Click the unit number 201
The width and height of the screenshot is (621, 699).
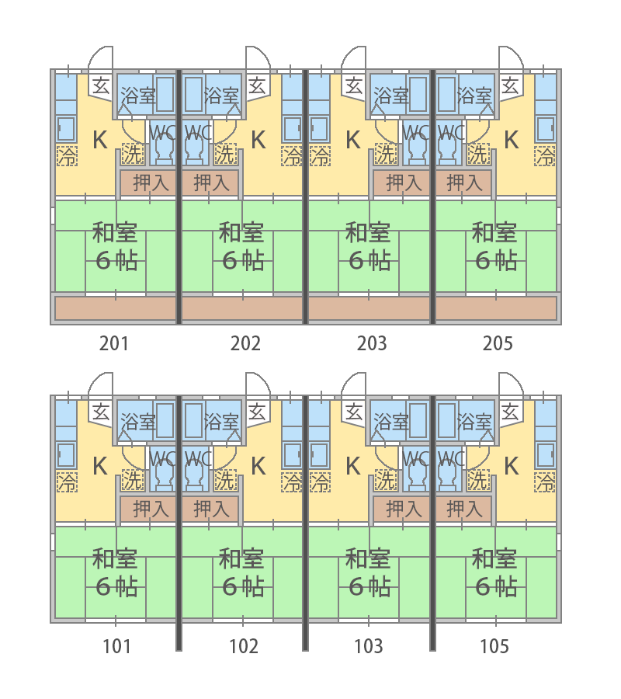(x=114, y=343)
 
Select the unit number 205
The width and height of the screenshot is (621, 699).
(x=497, y=343)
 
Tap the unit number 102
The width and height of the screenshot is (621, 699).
(x=244, y=645)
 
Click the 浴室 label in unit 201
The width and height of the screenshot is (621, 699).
(x=137, y=96)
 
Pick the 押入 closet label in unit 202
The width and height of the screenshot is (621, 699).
(x=211, y=183)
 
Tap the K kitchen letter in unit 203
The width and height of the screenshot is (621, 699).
(x=352, y=140)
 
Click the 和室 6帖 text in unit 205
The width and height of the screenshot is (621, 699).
(x=494, y=245)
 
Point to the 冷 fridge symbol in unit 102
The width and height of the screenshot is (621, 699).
(x=293, y=482)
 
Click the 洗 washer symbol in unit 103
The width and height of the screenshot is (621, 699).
(x=385, y=480)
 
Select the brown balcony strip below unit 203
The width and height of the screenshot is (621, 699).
(x=369, y=308)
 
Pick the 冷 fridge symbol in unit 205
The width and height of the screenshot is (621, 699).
(x=546, y=156)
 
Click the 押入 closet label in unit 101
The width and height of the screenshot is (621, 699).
(x=151, y=509)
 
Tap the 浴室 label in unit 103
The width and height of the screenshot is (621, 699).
(x=391, y=423)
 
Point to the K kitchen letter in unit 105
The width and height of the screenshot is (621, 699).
(x=512, y=466)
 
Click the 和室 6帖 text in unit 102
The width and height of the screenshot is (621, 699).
(x=242, y=572)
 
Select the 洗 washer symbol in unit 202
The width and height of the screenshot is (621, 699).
(x=225, y=154)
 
